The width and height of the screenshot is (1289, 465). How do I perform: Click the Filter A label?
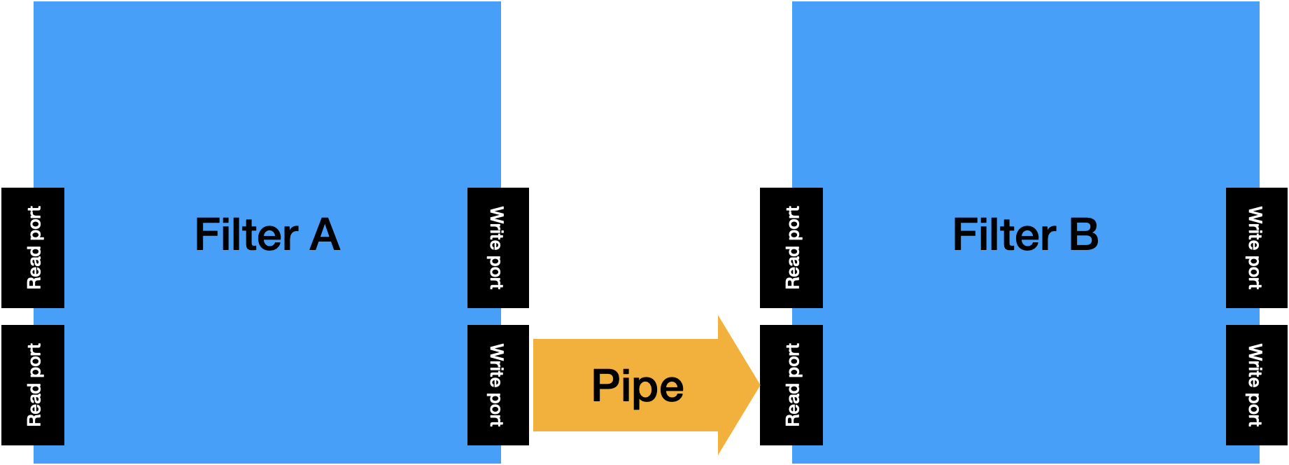tap(267, 235)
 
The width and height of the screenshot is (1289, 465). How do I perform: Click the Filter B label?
tap(1025, 235)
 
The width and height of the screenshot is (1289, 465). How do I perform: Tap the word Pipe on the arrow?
tap(638, 386)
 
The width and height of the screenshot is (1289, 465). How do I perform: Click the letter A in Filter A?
tap(325, 235)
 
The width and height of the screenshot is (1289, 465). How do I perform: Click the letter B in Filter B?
tap(1083, 235)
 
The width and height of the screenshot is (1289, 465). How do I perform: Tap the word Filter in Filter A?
tap(246, 235)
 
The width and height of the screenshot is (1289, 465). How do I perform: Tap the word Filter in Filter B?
tap(1004, 235)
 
